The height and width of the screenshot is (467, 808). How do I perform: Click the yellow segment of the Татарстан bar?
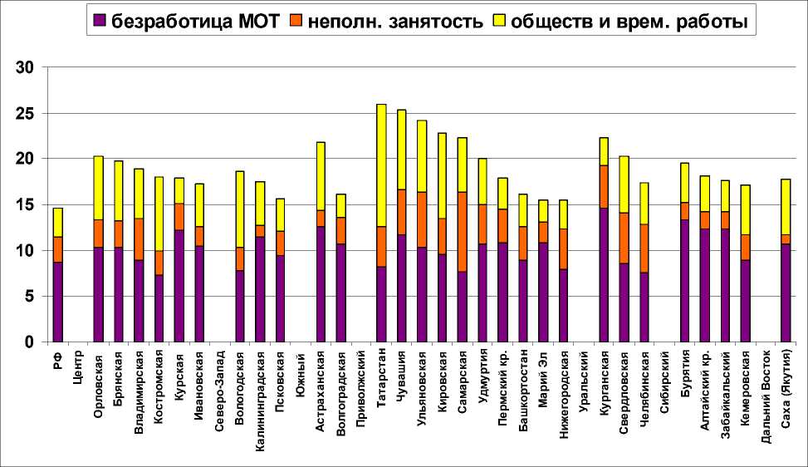pos(382,165)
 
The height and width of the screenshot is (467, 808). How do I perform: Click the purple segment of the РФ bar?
pos(57,302)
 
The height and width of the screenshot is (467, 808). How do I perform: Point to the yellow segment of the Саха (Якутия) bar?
pos(786,206)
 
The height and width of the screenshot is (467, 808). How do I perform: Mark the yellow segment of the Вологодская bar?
pos(240,209)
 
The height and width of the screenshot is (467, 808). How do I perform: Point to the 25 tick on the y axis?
pos(29,113)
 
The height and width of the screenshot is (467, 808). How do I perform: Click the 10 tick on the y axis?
pos(29,250)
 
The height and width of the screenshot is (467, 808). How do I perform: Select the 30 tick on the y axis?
pos(29,67)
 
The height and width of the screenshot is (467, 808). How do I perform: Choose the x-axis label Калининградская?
pos(260,396)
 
